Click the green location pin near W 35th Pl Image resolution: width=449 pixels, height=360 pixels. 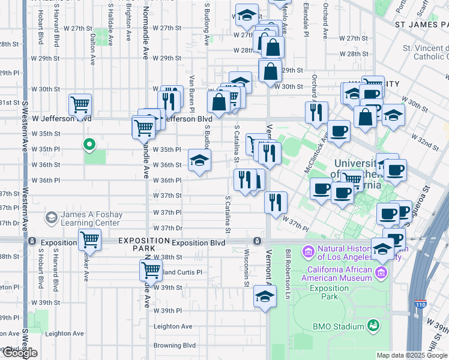[x=89, y=144]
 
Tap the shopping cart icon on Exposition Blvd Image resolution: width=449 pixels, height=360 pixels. [x=89, y=239]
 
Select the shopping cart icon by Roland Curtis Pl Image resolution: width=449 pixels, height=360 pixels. [x=150, y=270]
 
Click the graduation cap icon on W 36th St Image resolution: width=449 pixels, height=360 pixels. [x=200, y=160]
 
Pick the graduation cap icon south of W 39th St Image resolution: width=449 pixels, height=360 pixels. [x=264, y=296]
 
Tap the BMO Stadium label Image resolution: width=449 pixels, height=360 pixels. [x=339, y=326]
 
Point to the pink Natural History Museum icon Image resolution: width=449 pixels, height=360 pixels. [x=309, y=250]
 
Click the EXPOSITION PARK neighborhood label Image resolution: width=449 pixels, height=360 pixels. [x=144, y=244]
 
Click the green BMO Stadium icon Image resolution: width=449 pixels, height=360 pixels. [x=374, y=325]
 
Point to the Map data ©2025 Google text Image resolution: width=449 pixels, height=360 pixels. [x=412, y=355]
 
